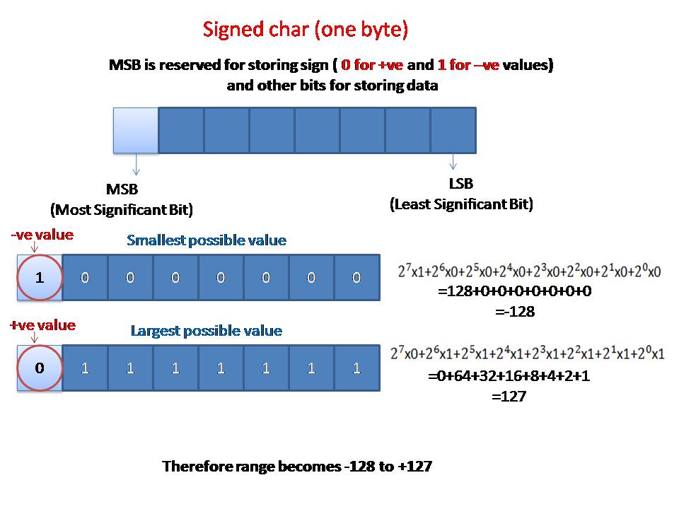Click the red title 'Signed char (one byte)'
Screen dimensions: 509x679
[306, 30]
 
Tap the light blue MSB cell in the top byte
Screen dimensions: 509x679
[136, 130]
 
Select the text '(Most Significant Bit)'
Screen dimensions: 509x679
[122, 210]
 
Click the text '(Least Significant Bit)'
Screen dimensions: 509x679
[461, 204]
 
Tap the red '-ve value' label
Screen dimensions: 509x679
[42, 235]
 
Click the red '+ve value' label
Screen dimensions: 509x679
[42, 325]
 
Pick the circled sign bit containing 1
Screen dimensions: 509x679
[40, 277]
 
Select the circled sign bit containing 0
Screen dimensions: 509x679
[40, 368]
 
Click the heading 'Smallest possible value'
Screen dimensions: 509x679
[207, 240]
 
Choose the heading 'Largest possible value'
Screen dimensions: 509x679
[207, 331]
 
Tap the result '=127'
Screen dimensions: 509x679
[509, 397]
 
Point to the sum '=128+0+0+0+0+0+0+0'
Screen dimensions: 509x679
[515, 291]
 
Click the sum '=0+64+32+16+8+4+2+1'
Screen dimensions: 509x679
[509, 376]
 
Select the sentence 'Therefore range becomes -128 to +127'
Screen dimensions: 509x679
[297, 467]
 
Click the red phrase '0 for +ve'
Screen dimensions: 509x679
[373, 65]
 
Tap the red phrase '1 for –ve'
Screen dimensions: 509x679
[468, 65]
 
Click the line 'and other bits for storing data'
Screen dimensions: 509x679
[332, 86]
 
